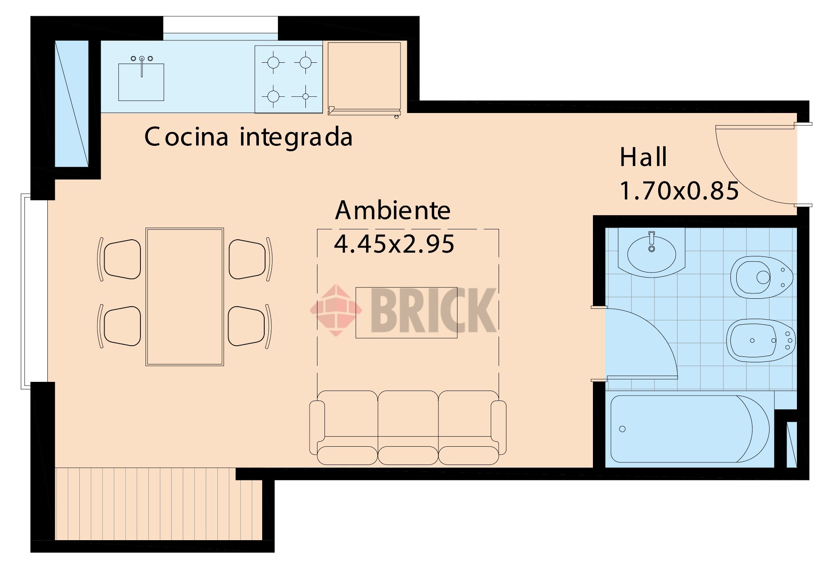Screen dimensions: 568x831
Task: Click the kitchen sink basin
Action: point(141,85)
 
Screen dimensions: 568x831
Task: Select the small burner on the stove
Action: point(305,96)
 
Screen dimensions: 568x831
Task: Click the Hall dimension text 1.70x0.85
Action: point(679,191)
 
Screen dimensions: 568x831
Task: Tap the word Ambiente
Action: point(393,211)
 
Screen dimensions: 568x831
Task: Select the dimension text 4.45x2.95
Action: point(394,244)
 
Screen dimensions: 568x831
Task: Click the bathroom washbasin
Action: point(651,254)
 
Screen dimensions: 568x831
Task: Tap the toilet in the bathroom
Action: point(760,277)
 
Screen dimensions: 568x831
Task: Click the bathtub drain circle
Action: point(622,429)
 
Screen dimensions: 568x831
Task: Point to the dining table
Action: point(184,297)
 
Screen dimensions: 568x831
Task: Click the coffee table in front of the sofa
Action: point(406,312)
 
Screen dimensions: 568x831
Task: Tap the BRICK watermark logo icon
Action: point(336,310)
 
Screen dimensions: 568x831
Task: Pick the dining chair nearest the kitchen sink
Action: point(122,259)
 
